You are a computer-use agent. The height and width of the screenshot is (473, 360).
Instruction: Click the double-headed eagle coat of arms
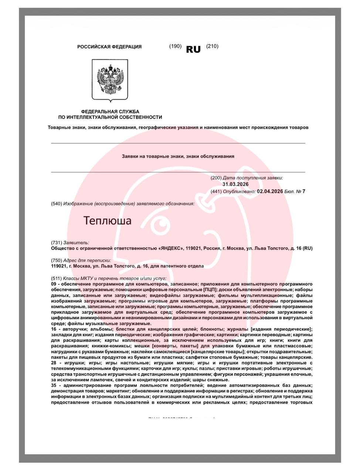110,80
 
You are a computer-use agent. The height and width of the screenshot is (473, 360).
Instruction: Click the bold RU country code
193,50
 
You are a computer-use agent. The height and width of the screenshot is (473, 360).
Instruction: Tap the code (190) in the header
175,46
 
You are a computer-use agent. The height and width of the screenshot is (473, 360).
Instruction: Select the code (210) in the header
212,46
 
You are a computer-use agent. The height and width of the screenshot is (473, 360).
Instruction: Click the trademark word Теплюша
108,221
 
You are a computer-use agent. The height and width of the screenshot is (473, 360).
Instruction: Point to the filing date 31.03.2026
235,184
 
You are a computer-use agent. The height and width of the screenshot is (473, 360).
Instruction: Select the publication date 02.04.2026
270,191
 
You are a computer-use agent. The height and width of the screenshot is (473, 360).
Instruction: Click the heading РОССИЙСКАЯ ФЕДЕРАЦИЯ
109,47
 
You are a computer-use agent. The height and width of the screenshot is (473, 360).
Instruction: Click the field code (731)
56,242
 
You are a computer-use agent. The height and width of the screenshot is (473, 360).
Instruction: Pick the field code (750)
56,260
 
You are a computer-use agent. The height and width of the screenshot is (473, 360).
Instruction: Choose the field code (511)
56,278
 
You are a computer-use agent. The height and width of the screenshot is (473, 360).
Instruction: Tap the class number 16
54,329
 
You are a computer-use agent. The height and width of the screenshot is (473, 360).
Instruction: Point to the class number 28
54,363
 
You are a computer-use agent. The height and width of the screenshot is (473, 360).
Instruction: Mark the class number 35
54,385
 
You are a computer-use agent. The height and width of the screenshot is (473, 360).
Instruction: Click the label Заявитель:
77,242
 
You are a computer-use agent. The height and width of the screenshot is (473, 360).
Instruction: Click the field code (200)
216,178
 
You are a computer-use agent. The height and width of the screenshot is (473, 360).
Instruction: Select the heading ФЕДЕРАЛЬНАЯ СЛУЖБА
110,112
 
